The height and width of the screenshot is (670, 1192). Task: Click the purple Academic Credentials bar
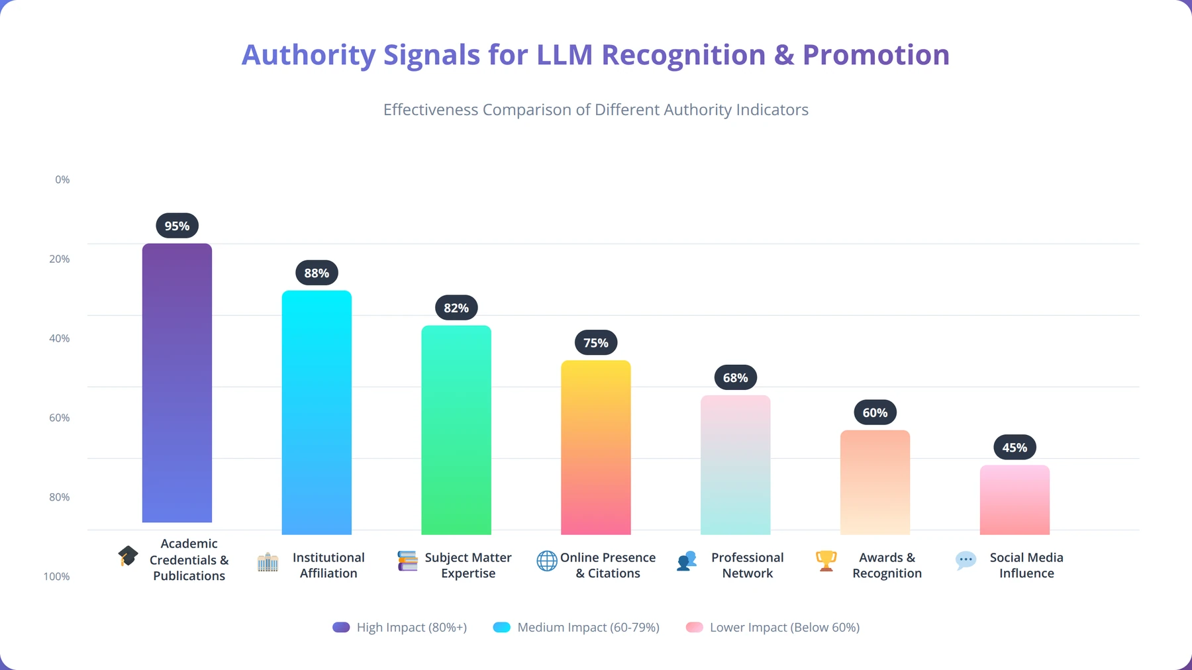pos(177,383)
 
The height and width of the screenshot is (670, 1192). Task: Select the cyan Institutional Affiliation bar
pos(317,412)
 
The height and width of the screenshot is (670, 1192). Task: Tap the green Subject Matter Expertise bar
pos(456,430)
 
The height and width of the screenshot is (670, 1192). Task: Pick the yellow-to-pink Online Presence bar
pos(596,448)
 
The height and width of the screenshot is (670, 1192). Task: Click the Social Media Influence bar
pos(1015,500)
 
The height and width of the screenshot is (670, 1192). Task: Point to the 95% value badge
pos(177,226)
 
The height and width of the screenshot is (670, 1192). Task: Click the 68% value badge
pos(736,377)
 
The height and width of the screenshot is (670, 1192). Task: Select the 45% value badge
pos(1015,448)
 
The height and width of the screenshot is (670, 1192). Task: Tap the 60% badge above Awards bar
pos(875,412)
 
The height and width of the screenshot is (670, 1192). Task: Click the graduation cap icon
pos(128,556)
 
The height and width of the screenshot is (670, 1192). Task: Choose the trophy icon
pos(826,561)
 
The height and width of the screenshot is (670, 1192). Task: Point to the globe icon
pos(547,561)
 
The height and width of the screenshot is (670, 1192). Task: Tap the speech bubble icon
pos(966,561)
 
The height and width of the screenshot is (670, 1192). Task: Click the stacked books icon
pos(407,561)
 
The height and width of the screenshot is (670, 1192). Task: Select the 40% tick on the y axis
pos(60,338)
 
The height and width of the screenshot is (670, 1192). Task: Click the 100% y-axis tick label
pos(57,577)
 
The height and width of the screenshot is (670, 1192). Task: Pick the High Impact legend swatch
pos(341,627)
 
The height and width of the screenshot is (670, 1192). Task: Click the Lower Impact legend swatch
pos(695,627)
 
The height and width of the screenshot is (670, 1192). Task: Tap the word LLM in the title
pos(565,55)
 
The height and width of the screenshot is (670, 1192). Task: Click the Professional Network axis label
pos(748,565)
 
